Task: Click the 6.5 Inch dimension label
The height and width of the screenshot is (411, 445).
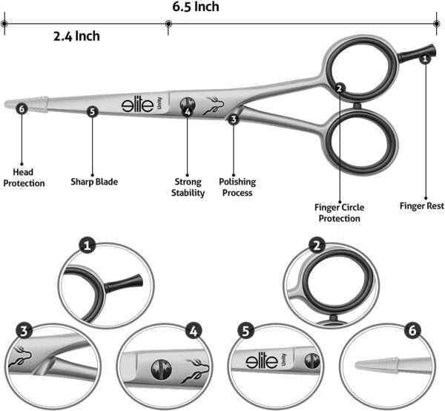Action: click(x=196, y=7)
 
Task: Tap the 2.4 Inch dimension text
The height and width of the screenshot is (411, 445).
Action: click(x=76, y=36)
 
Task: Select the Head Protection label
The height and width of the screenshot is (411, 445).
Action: click(x=24, y=177)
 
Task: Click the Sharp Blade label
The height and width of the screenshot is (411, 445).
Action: click(x=94, y=182)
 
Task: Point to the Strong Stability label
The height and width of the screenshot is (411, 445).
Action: click(x=188, y=187)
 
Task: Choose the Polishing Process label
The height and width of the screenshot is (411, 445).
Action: click(x=237, y=187)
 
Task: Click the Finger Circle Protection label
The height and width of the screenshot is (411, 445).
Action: click(x=340, y=213)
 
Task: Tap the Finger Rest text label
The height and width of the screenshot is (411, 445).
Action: click(x=422, y=205)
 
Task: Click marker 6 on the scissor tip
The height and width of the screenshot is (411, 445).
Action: click(x=22, y=109)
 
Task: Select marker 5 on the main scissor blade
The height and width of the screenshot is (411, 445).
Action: click(x=92, y=111)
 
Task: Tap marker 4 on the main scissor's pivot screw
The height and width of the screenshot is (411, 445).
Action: click(x=188, y=112)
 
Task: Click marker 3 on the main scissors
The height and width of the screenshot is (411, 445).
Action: click(x=234, y=119)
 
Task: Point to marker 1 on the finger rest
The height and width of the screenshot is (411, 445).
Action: click(x=425, y=59)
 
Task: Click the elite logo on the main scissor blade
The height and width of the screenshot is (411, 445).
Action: click(x=138, y=105)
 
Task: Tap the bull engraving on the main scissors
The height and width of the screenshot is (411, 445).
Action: click(x=214, y=105)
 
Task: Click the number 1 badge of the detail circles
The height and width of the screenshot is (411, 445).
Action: click(x=87, y=246)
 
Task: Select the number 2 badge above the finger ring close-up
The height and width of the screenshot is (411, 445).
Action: click(x=317, y=246)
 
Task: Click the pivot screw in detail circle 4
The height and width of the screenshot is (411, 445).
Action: click(x=162, y=369)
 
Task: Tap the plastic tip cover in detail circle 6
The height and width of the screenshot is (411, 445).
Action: click(x=377, y=365)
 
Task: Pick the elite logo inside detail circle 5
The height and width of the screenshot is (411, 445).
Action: click(x=262, y=361)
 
